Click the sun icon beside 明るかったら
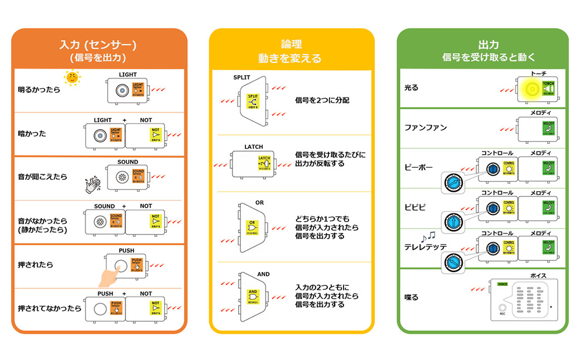[x=72, y=77]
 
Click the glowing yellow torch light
[x=531, y=89]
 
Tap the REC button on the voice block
[x=502, y=308]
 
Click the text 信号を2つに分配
[x=322, y=101]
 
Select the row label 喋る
[x=412, y=298]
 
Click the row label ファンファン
[x=426, y=128]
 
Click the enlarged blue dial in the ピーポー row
[x=453, y=182]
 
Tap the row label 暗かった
[x=32, y=134]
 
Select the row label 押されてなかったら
[x=50, y=308]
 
